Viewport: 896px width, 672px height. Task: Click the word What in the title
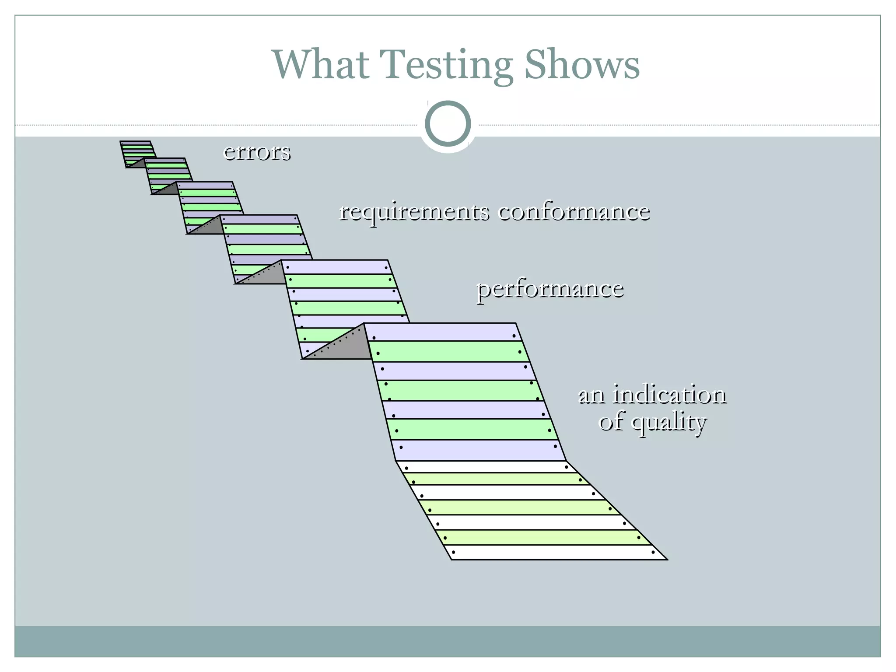(321, 65)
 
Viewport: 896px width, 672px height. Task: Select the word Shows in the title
(582, 65)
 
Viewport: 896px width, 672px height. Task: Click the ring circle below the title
(448, 123)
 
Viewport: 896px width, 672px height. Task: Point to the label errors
(257, 152)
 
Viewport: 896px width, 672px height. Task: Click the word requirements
(414, 212)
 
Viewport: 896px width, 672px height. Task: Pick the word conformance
(574, 212)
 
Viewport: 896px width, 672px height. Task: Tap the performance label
(550, 289)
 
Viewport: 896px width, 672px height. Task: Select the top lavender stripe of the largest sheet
(442, 332)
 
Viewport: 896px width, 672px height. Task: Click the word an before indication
(592, 395)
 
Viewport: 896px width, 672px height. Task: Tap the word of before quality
(612, 422)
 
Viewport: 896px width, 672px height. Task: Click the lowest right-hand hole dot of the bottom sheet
(653, 552)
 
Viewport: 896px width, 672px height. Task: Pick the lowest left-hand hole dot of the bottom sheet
(453, 552)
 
